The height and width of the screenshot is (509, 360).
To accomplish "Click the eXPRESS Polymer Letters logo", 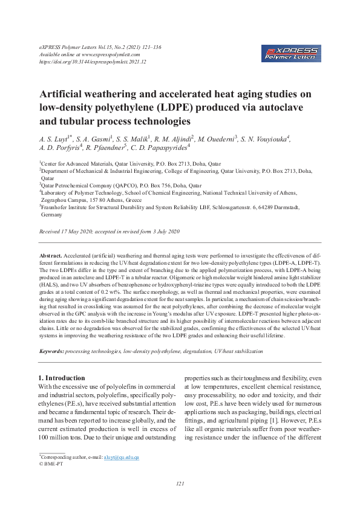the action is [x=290, y=54].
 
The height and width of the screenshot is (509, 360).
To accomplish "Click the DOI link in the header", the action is [x=93, y=62].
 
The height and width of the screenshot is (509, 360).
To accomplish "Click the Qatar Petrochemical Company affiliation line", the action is [x=121, y=186].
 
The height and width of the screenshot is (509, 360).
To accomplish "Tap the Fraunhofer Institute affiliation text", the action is [x=169, y=207].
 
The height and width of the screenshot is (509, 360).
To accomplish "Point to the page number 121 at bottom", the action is [x=180, y=484].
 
